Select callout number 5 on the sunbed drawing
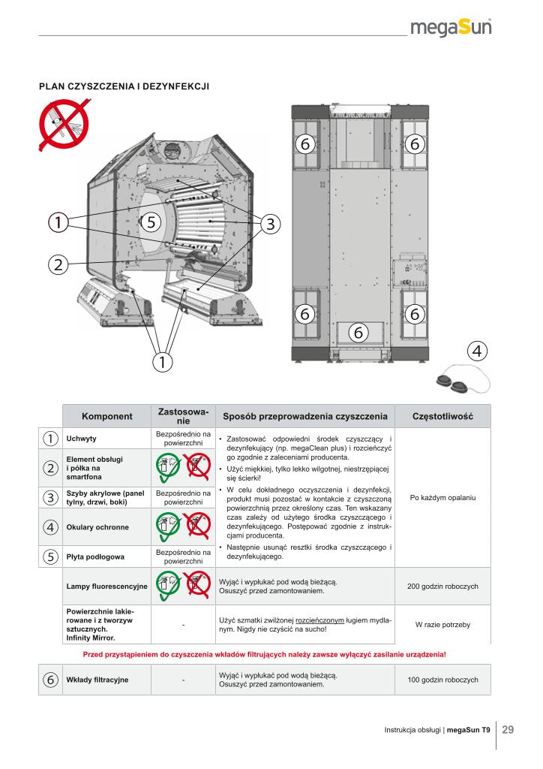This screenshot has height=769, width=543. coord(151,222)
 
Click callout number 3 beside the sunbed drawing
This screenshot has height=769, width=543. coord(270,223)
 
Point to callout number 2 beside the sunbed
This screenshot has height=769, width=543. coord(58,263)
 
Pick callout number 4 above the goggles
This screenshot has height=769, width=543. coord(477,351)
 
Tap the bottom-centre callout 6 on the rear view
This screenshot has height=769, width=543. coord(358,331)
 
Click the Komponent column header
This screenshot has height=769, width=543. coord(106,416)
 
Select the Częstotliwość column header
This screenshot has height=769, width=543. coord(442,416)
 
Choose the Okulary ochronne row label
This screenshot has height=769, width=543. coord(97,527)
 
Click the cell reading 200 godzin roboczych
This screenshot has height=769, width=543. coord(442,586)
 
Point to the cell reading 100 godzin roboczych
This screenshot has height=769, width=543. coord(442,680)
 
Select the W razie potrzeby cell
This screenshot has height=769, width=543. coord(442,624)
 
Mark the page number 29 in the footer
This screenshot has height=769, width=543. coord(508,729)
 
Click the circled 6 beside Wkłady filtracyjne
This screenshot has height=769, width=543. coord(50,680)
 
